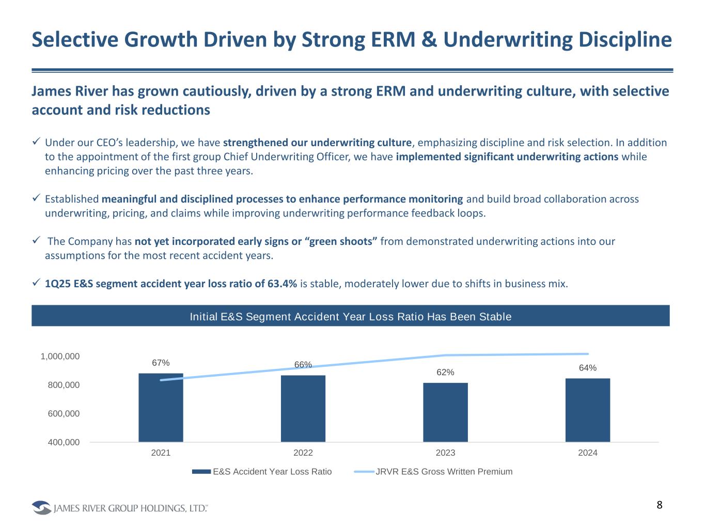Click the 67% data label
[161, 363]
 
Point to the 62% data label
[445, 372]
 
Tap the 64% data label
[588, 368]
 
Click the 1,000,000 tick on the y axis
[60, 356]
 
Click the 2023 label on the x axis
[445, 453]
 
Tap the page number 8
[660, 505]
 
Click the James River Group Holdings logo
[120, 508]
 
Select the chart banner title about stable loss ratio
[351, 317]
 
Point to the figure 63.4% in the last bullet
[282, 284]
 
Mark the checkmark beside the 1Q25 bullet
[36, 283]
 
